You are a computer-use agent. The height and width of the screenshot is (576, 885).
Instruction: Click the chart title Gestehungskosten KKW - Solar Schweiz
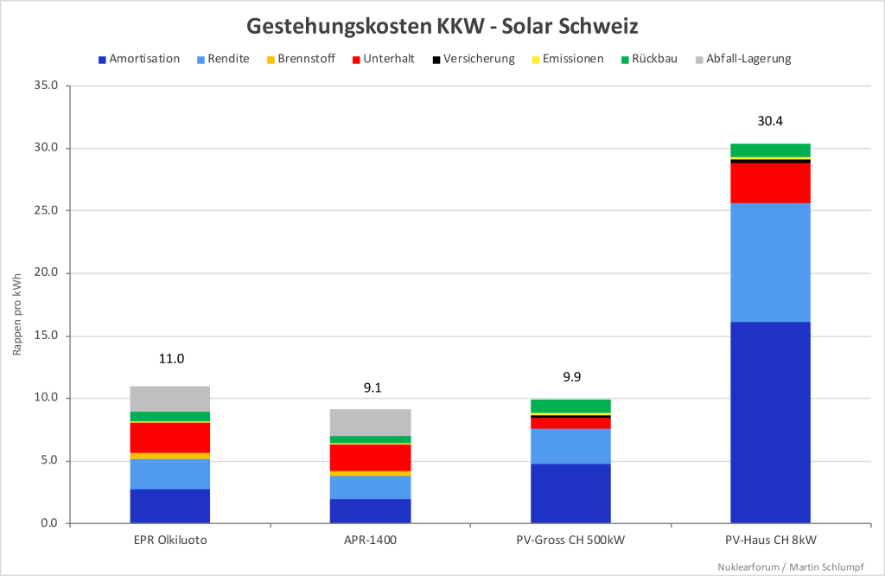coord(442,26)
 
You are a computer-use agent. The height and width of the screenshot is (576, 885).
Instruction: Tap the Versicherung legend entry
coord(479,59)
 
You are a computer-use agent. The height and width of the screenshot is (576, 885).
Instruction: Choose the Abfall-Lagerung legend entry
coord(748,59)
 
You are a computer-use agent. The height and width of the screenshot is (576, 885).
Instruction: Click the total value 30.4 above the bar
coord(770,121)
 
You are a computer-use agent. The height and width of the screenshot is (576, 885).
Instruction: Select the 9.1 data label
coord(371,388)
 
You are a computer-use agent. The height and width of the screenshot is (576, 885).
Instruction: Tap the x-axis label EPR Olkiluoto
coord(170,541)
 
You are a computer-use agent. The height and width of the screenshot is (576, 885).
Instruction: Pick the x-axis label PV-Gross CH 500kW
coord(570,541)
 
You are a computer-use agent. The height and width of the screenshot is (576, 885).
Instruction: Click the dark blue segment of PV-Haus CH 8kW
coord(770,422)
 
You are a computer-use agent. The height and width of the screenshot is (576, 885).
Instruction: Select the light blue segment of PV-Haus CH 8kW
coord(770,262)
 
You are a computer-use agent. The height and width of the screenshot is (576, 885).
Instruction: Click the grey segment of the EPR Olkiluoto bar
coord(170,399)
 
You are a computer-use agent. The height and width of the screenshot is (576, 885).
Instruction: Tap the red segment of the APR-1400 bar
coord(371,457)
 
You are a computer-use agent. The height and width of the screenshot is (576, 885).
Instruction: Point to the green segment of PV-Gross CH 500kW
coord(570,406)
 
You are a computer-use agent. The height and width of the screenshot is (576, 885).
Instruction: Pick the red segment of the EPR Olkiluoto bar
coord(170,437)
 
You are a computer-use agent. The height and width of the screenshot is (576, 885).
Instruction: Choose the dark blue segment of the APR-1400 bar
coord(371,510)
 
